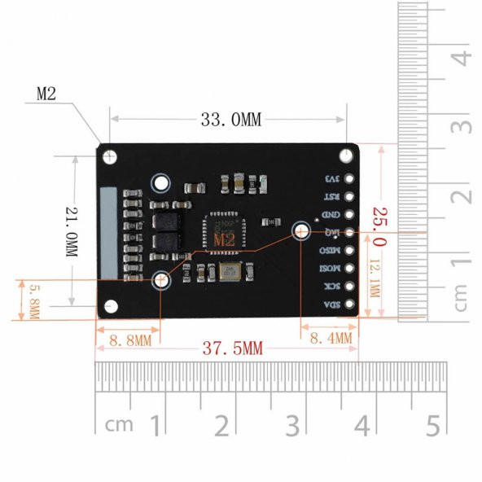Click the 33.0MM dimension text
coord(230,120)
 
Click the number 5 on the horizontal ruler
coord(432,425)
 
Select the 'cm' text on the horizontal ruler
coord(119,425)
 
